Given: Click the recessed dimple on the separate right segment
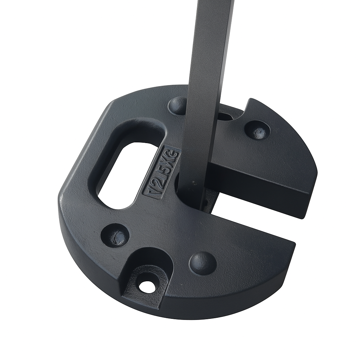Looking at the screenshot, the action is point(257,131).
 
